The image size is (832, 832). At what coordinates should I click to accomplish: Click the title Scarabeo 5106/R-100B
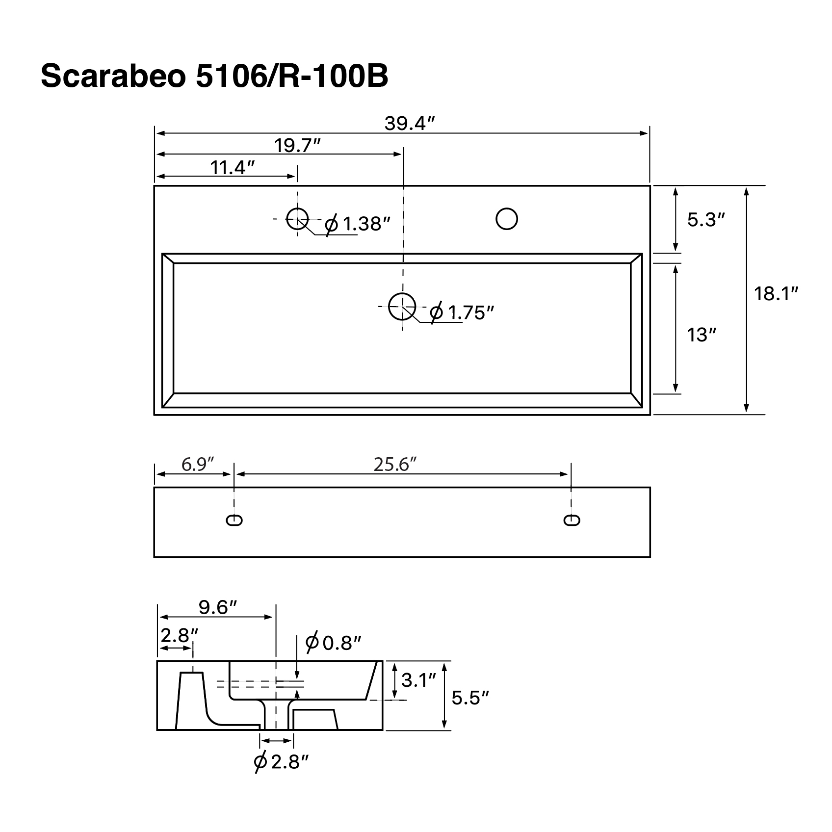214,76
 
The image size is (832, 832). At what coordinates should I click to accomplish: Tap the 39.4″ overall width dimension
410,123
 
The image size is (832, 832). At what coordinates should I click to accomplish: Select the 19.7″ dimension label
297,145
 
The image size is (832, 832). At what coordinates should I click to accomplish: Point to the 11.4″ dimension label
233,168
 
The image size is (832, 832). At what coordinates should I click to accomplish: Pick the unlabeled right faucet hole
507,219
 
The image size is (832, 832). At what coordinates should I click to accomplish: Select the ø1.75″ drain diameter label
461,312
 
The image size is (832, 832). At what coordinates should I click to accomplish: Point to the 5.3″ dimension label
706,220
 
